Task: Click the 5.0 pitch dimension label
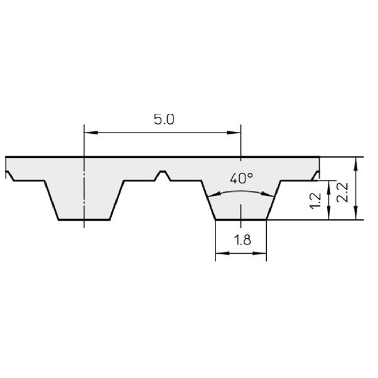tap(164, 120)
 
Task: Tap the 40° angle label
tap(241, 179)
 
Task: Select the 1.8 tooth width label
tap(241, 240)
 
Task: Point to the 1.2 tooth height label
tap(316, 200)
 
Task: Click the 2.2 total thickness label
tap(342, 192)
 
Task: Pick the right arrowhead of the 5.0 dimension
tap(236, 133)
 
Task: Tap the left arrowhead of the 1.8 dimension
tap(220, 253)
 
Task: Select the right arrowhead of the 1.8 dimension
tap(262, 253)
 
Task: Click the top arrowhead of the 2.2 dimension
tap(356, 162)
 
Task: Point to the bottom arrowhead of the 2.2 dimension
tap(356, 215)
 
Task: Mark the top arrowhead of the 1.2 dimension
tap(329, 185)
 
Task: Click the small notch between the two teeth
tap(163, 174)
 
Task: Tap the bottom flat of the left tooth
tap(84, 220)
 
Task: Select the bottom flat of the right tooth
tap(241, 220)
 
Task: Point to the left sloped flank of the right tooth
tap(208, 200)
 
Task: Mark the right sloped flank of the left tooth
tap(117, 200)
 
